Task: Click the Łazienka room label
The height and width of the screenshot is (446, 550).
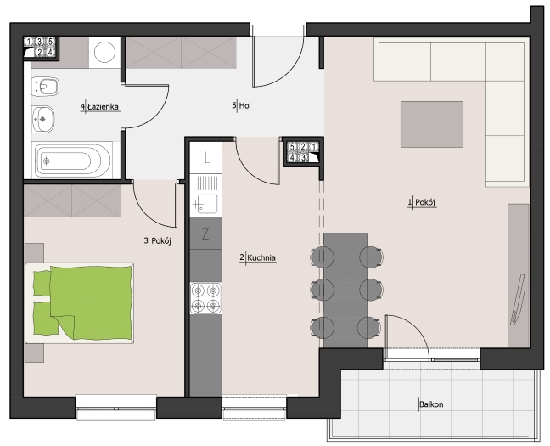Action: pyautogui.click(x=103, y=107)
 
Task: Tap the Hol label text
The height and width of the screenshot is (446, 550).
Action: pyautogui.click(x=245, y=105)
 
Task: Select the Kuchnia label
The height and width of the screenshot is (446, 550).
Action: pyautogui.click(x=261, y=257)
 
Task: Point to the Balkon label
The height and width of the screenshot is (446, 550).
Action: pyautogui.click(x=431, y=404)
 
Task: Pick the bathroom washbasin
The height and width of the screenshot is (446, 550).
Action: pyautogui.click(x=42, y=120)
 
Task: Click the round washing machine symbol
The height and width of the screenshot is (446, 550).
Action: pyautogui.click(x=104, y=52)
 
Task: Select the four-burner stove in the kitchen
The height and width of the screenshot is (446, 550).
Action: pyautogui.click(x=206, y=298)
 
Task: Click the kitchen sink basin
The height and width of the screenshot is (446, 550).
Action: pyautogui.click(x=205, y=205)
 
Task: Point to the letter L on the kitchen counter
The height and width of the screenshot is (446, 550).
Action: pyautogui.click(x=207, y=158)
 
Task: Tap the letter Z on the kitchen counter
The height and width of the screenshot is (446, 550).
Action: pyautogui.click(x=206, y=234)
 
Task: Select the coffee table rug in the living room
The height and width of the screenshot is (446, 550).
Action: pyautogui.click(x=432, y=124)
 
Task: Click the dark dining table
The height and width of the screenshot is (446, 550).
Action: pyautogui.click(x=345, y=291)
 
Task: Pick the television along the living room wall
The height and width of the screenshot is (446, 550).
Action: pyautogui.click(x=518, y=299)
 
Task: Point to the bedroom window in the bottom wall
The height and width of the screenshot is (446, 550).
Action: pyautogui.click(x=116, y=408)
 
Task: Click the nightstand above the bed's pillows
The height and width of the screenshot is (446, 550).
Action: pyautogui.click(x=34, y=253)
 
